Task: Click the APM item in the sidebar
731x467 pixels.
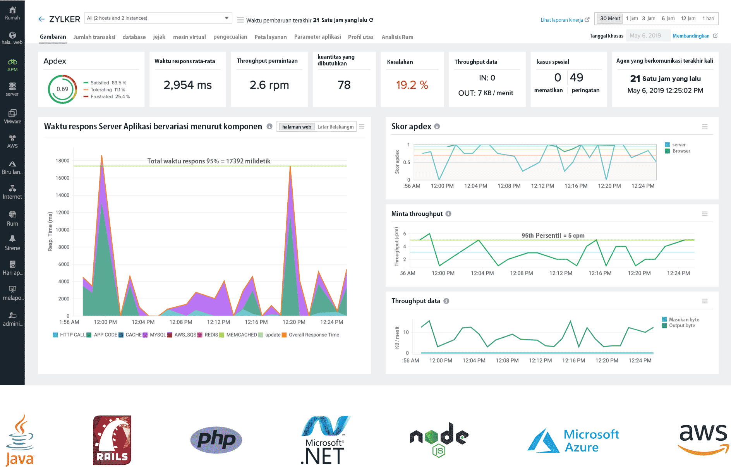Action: (12, 65)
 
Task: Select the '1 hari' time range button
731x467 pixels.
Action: (708, 18)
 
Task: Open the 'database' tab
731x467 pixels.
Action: (134, 37)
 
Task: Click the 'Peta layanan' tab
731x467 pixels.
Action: (270, 37)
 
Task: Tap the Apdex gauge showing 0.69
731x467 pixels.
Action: (62, 89)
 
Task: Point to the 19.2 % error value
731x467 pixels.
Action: (412, 85)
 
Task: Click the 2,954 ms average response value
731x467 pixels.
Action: (187, 85)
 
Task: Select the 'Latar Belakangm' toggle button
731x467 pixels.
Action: (335, 127)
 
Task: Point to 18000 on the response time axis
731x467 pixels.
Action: (62, 161)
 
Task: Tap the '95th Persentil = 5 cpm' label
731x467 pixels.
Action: (553, 235)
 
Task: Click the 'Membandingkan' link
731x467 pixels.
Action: (691, 36)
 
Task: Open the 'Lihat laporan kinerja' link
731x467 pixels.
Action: (562, 20)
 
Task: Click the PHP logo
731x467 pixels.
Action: (216, 440)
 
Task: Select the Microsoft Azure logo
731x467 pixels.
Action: (573, 441)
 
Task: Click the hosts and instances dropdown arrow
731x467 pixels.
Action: (227, 18)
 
